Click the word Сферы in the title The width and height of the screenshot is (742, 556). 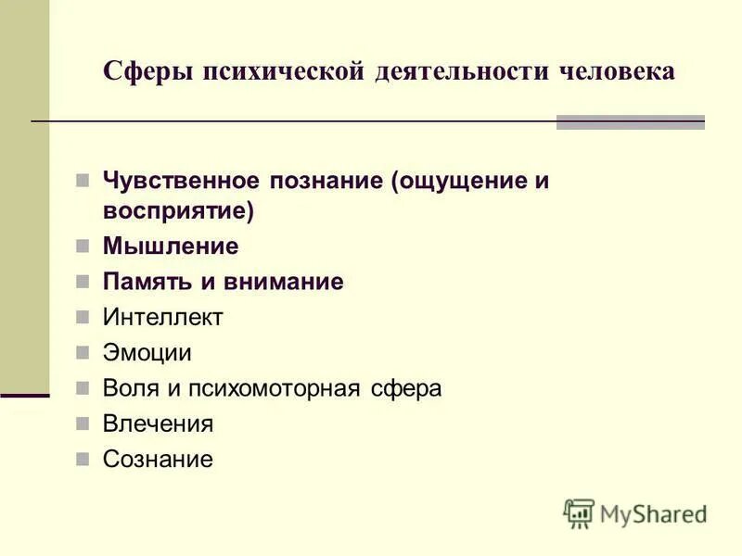[144, 71]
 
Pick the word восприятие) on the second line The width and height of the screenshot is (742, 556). [178, 210]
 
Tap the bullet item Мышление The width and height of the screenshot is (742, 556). [171, 246]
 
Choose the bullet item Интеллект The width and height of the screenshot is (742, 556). [162, 318]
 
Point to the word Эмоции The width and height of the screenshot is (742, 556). [147, 353]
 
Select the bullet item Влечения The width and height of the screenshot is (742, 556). [158, 424]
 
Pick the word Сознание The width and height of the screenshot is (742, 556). [158, 459]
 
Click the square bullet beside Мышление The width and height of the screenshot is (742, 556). [83, 246]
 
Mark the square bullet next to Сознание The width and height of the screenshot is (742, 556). [83, 459]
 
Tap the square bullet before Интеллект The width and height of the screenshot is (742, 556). [83, 318]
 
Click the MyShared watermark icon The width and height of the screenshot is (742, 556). [579, 513]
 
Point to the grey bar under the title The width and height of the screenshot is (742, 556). [630, 122]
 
